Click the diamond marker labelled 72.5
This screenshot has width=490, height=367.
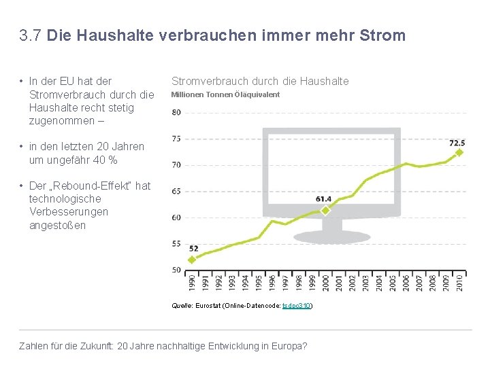click(x=459, y=153)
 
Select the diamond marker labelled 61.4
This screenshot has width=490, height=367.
click(x=325, y=211)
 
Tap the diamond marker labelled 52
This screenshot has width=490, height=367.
click(x=192, y=259)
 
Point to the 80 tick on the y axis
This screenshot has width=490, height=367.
click(x=176, y=112)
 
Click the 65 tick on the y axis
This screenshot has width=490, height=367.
click(x=176, y=192)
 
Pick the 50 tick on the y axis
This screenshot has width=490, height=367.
click(x=176, y=270)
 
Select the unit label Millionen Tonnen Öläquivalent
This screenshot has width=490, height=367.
click(x=225, y=94)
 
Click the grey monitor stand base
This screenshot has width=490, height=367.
click(x=327, y=239)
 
